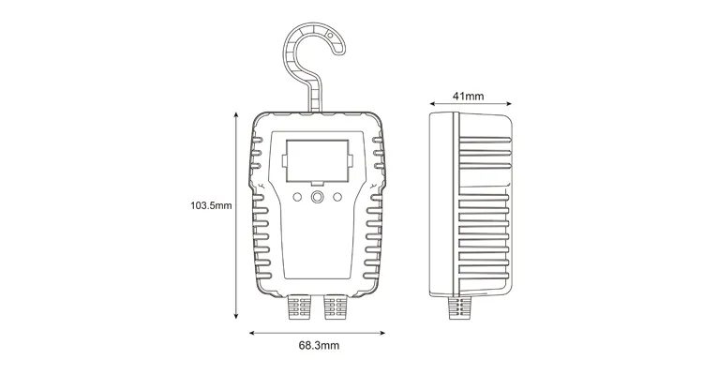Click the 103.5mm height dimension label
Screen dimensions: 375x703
210,204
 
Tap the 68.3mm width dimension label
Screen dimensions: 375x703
319,345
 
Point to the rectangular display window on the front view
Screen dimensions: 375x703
318,158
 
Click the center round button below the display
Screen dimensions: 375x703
318,197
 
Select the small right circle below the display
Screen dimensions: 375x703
337,197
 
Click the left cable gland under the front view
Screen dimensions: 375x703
300,307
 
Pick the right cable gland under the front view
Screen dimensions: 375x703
336,307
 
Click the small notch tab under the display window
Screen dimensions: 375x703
318,180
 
